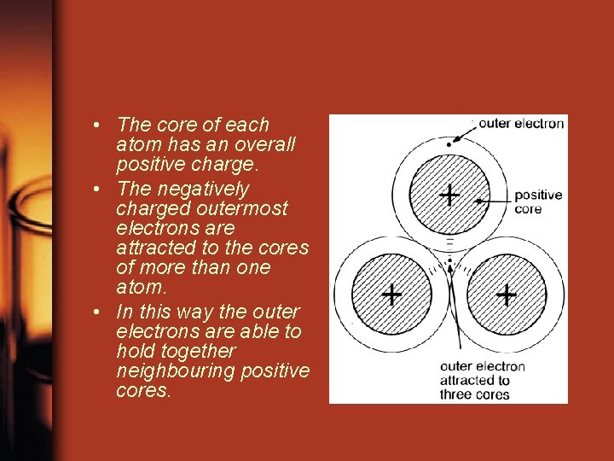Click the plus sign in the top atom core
[449, 196]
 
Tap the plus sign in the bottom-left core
[391, 295]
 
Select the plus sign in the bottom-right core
[507, 295]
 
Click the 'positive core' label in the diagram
[538, 201]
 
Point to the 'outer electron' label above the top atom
[521, 123]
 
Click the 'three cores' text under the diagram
[474, 394]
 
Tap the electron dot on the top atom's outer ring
[448, 143]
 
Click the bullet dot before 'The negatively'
[101, 189]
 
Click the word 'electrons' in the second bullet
[151, 229]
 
